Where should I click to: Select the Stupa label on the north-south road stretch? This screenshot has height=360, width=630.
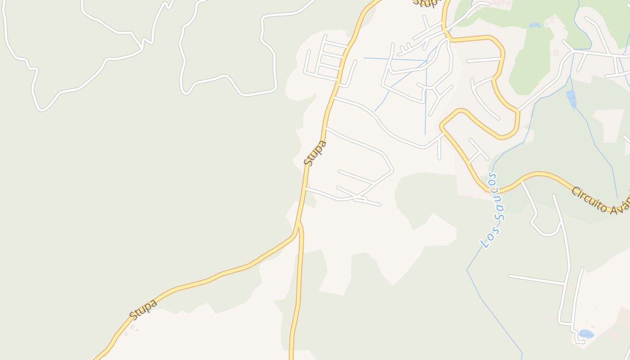(x=315, y=153)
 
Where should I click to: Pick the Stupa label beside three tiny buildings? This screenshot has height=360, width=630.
(x=143, y=309)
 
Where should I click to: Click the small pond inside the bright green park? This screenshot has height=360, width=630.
(x=535, y=25)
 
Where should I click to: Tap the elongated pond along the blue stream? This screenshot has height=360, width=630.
(x=571, y=98)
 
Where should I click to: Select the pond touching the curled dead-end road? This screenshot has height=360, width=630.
(x=586, y=334)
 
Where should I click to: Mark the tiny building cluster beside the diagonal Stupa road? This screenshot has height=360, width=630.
(x=131, y=328)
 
